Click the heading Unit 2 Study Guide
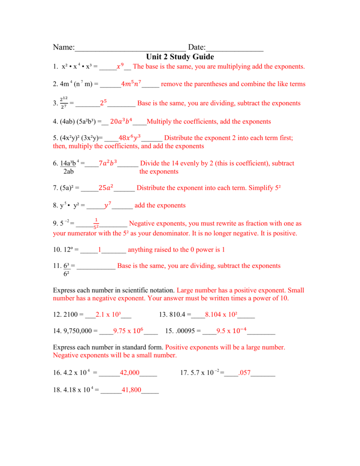click(x=180, y=57)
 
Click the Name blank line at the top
click(x=130, y=48)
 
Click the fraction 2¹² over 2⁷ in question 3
click(x=63, y=103)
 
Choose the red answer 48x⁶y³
click(x=130, y=137)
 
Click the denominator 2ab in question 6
click(x=69, y=172)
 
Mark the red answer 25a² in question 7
click(x=106, y=187)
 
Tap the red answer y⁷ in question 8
click(x=108, y=205)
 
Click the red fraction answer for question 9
click(x=96, y=223)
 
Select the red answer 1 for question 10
click(x=100, y=250)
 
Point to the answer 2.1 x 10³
click(x=107, y=314)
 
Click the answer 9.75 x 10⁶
click(x=128, y=330)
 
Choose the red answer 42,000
click(x=130, y=373)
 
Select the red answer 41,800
click(x=132, y=390)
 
